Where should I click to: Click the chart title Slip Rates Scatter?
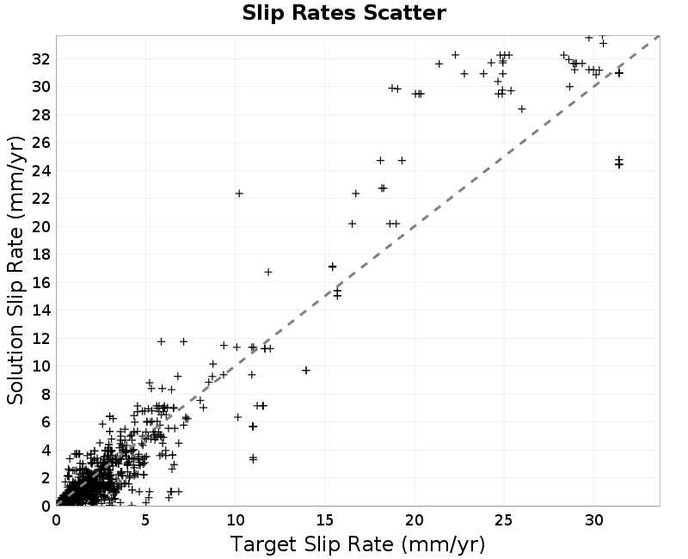[x=344, y=13]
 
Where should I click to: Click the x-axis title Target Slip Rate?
[x=358, y=544]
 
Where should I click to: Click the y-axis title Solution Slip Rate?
[x=15, y=270]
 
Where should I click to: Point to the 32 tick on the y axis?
[x=40, y=58]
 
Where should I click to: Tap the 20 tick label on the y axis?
[x=40, y=226]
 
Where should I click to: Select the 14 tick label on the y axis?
[x=40, y=310]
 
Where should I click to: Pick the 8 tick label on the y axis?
[x=46, y=394]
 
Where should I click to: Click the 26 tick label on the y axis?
[x=40, y=143]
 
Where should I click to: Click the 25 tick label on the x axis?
[x=504, y=520]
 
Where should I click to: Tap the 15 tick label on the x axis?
[x=325, y=520]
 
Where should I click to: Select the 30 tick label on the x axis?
[x=593, y=520]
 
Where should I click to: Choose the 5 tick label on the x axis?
[x=145, y=520]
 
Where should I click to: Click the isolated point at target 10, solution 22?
[x=239, y=193]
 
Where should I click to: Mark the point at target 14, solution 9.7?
[x=306, y=371]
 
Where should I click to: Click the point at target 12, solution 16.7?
[x=268, y=272]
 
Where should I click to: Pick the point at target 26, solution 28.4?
[x=522, y=109]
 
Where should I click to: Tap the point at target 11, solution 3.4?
[x=253, y=458]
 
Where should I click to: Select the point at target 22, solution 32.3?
[x=456, y=55]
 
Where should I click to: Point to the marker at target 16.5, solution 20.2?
[x=352, y=224]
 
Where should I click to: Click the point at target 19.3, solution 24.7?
[x=402, y=161]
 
